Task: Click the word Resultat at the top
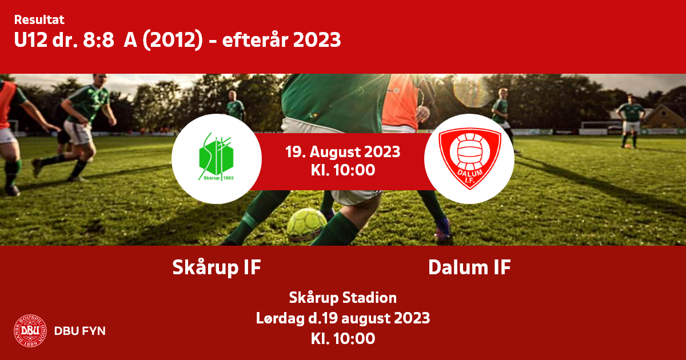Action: pos(39,20)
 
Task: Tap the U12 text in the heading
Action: pos(31,40)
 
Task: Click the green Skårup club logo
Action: pos(217,157)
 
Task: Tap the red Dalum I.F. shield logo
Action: pos(469,158)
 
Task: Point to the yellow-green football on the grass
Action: pos(306,225)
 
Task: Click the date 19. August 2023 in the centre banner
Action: pos(342,152)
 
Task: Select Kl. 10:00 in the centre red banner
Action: pos(342,170)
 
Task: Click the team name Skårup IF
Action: pos(217,267)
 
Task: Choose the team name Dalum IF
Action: pos(469,267)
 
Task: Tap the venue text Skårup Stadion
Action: pos(342,298)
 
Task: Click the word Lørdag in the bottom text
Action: pos(280,318)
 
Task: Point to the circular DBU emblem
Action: pos(30,331)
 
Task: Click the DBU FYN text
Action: pos(79,331)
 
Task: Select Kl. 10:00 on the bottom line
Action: pos(342,338)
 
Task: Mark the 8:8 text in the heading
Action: pos(98,40)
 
